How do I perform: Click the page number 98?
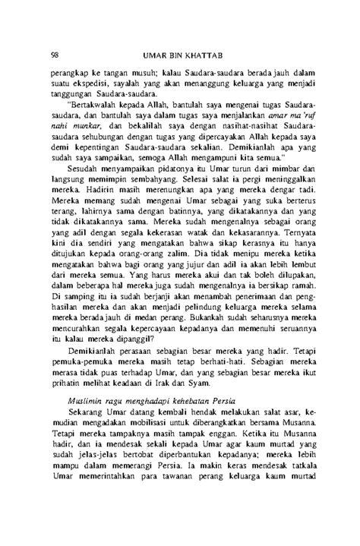55,55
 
